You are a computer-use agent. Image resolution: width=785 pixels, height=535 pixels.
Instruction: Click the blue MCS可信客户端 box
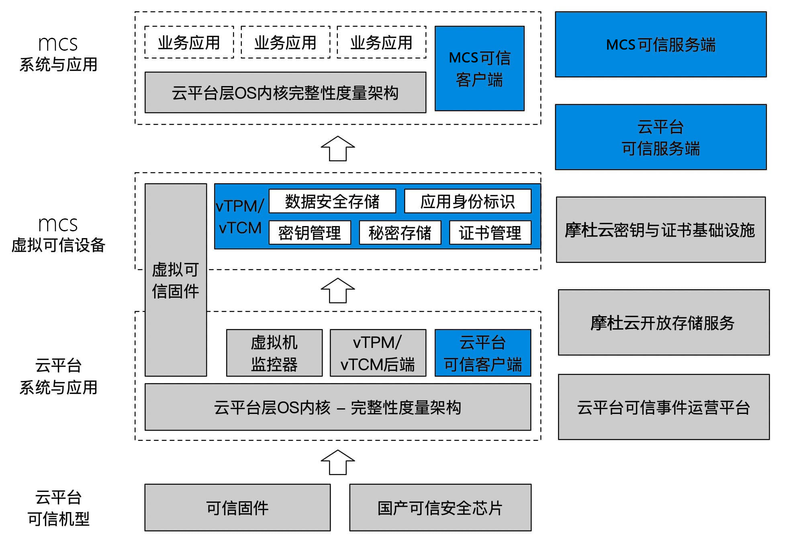tap(479, 68)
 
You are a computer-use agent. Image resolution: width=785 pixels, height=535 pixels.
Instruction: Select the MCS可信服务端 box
tap(660, 44)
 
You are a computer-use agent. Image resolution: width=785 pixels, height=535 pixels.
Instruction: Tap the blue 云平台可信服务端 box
tap(660, 137)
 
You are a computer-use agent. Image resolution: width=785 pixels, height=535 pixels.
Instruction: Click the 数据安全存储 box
tap(332, 201)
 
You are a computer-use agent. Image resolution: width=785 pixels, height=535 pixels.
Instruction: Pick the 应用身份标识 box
tap(468, 201)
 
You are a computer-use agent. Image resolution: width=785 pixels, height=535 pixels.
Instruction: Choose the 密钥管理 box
tap(310, 233)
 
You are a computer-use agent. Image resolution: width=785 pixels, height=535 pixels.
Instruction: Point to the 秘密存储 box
tap(400, 233)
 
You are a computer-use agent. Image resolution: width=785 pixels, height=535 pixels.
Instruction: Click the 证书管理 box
tap(490, 233)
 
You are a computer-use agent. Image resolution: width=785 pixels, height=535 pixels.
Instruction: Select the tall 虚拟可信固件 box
tap(176, 280)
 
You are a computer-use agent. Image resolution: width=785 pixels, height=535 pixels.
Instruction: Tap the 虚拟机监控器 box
tap(274, 353)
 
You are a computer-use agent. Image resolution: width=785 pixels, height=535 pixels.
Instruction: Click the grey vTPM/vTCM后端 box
tap(378, 353)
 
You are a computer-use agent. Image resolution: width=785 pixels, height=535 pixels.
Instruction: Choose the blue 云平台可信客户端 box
tap(482, 353)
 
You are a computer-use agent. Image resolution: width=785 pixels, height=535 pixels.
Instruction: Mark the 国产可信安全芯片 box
tap(440, 508)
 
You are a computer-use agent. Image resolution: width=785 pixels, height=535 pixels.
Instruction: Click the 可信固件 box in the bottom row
tap(237, 508)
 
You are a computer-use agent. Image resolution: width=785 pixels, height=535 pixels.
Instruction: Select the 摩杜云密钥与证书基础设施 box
tap(660, 230)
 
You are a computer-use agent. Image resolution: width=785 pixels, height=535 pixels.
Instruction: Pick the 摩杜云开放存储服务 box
tap(663, 323)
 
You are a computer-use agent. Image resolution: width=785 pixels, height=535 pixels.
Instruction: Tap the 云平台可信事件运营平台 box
tap(663, 407)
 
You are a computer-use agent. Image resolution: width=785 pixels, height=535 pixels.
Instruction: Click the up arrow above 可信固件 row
tap(338, 463)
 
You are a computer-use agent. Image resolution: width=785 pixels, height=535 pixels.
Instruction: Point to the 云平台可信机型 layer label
tap(58, 508)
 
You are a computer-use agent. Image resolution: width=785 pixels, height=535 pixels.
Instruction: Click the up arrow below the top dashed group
tap(338, 149)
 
